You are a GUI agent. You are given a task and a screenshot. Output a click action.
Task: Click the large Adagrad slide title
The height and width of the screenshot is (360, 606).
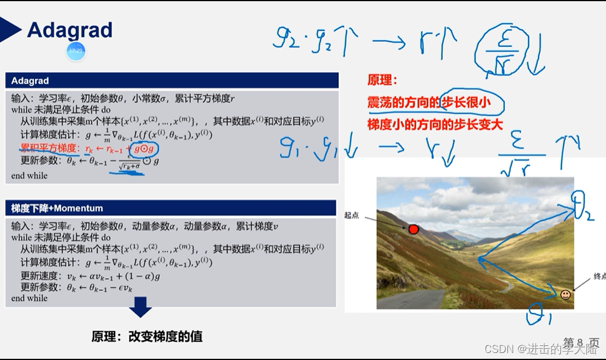coord(69,30)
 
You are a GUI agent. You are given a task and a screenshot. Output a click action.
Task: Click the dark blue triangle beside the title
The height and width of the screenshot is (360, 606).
coord(10,29)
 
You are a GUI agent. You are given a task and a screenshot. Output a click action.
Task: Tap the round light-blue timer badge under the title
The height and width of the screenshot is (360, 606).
coord(76,51)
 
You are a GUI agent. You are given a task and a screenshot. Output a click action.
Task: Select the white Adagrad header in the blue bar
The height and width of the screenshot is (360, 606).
coord(30,81)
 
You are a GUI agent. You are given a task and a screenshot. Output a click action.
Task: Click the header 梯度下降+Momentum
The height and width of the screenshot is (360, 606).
coord(57,208)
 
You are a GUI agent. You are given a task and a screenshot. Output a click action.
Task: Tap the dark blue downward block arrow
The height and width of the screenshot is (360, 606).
coord(140,307)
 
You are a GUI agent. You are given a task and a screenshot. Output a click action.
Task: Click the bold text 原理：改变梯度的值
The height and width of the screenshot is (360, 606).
coord(147,337)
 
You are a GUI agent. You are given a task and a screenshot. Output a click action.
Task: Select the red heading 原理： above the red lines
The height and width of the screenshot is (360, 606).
coord(382,80)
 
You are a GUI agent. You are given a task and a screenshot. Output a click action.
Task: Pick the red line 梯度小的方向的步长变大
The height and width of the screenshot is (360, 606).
coord(435,125)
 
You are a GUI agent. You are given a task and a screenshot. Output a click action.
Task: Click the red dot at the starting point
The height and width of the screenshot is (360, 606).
coord(413,229)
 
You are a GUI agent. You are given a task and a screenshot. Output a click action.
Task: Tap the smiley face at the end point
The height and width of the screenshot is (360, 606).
coord(565,295)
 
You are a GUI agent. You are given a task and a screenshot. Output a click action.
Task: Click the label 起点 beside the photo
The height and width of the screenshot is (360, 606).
coord(352,216)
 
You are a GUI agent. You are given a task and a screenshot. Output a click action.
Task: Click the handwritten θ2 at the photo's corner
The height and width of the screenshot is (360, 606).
coord(584,208)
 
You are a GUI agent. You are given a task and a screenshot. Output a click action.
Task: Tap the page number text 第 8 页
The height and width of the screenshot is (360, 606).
coord(581,342)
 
